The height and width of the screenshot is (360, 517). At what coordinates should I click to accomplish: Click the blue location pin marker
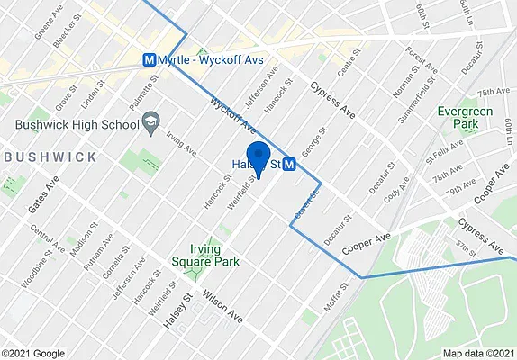258,158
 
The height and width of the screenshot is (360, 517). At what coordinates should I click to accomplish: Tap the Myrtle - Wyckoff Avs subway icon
150,60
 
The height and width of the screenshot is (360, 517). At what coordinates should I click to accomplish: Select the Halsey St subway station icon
289,165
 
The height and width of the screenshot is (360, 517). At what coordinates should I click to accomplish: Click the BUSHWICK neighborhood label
50,157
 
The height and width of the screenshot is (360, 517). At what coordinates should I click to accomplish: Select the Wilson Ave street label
222,307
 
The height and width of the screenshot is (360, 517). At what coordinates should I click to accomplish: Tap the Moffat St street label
337,298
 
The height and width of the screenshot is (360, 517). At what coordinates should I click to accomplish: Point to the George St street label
311,143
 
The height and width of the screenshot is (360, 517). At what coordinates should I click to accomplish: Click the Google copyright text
32,353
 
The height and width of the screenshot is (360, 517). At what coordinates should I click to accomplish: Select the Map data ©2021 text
478,353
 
